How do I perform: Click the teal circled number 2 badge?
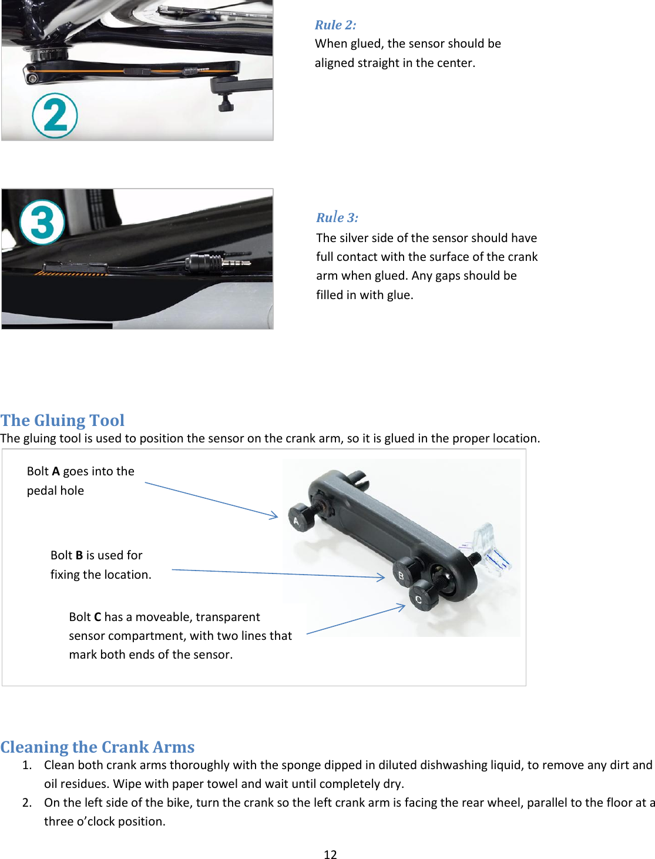[x=55, y=116]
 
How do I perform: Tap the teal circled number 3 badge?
[x=42, y=222]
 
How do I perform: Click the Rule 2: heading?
[x=335, y=25]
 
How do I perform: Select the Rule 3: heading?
[x=337, y=217]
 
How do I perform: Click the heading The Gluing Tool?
[x=62, y=420]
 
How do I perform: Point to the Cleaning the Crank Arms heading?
[x=98, y=747]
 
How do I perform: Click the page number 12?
[x=330, y=854]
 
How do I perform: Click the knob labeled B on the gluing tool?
[x=404, y=573]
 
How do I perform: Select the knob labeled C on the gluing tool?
[x=422, y=598]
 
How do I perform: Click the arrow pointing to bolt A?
[x=211, y=500]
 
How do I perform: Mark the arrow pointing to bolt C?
[x=356, y=619]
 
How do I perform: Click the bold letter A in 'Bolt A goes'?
[x=56, y=471]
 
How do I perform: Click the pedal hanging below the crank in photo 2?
[x=226, y=104]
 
